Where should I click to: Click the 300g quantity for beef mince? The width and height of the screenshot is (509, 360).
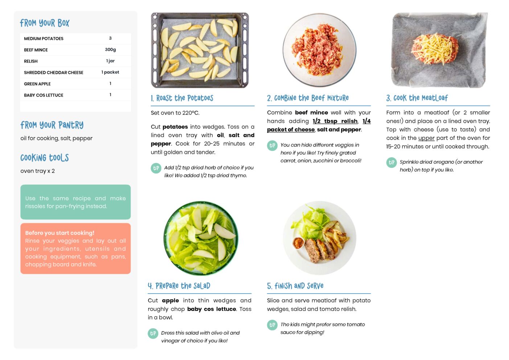click(110, 50)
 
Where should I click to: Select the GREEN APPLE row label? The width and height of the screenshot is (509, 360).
click(37, 84)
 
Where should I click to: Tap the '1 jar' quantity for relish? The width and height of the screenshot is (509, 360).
click(110, 61)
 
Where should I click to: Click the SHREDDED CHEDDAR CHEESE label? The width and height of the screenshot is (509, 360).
click(54, 73)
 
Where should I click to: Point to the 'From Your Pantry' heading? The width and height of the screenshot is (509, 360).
click(52, 125)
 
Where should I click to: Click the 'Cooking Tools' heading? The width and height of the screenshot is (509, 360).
click(45, 158)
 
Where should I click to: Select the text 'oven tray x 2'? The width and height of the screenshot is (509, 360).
click(37, 171)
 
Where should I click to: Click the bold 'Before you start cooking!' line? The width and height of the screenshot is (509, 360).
click(59, 233)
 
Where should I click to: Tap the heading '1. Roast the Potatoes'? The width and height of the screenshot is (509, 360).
click(182, 98)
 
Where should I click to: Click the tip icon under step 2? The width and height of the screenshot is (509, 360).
click(272, 146)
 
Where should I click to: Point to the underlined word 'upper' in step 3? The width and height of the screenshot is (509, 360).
click(426, 138)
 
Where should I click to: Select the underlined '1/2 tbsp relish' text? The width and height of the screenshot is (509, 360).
click(335, 121)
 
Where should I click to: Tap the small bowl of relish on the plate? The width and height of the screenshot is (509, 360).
click(298, 243)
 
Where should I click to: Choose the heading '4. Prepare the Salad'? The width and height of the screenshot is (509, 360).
click(179, 286)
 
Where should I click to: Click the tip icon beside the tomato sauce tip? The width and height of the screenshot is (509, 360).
click(272, 325)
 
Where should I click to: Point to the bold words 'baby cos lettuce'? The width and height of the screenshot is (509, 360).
click(212, 309)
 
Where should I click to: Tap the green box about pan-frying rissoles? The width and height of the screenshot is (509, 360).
click(75, 202)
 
